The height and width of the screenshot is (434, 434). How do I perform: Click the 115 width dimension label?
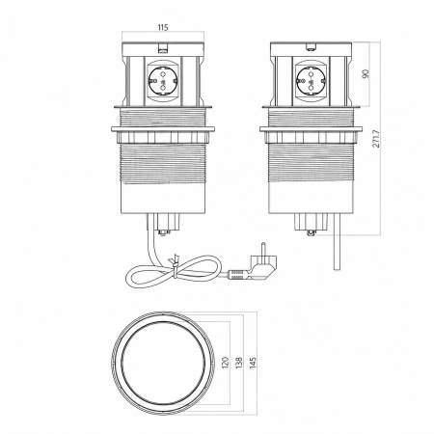[163, 27]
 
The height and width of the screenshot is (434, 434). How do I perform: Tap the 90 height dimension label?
[366, 73]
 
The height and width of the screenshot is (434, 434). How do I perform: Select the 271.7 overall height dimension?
[376, 139]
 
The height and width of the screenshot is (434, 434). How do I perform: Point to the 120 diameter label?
[225, 363]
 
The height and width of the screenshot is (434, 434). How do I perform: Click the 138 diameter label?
[239, 363]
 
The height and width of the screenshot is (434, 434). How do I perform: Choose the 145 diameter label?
[253, 363]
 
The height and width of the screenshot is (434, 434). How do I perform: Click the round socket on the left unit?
[162, 81]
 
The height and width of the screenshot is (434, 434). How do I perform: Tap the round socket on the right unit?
[311, 81]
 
